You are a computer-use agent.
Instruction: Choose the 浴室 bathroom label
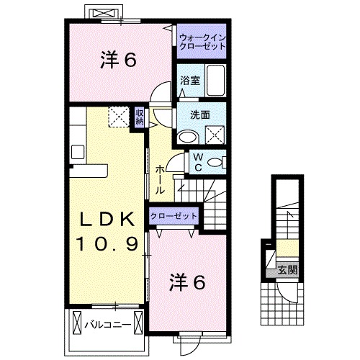190,81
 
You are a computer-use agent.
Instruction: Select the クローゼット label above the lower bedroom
173,215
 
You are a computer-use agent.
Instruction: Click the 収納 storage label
140,116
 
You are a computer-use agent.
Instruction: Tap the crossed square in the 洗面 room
215,134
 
